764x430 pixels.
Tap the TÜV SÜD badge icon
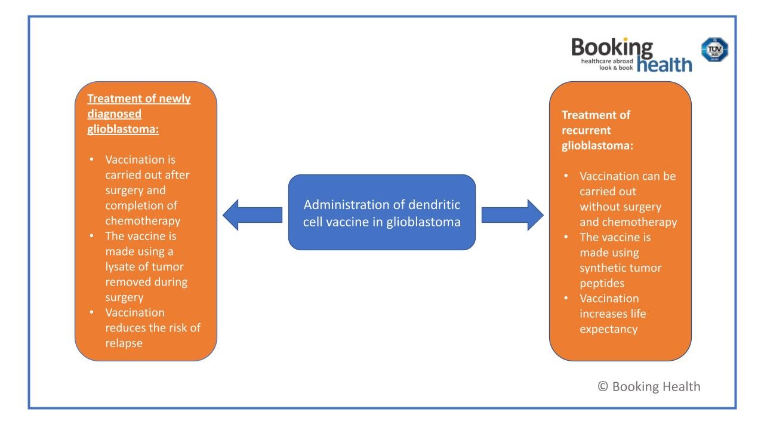click(x=714, y=50)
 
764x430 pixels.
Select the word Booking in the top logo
click(x=612, y=48)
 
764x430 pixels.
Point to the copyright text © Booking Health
click(x=649, y=386)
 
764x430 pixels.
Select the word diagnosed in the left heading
click(x=115, y=113)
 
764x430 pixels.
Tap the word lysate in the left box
click(x=123, y=266)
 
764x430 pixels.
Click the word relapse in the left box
click(x=124, y=343)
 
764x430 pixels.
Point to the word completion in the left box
click(x=134, y=205)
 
